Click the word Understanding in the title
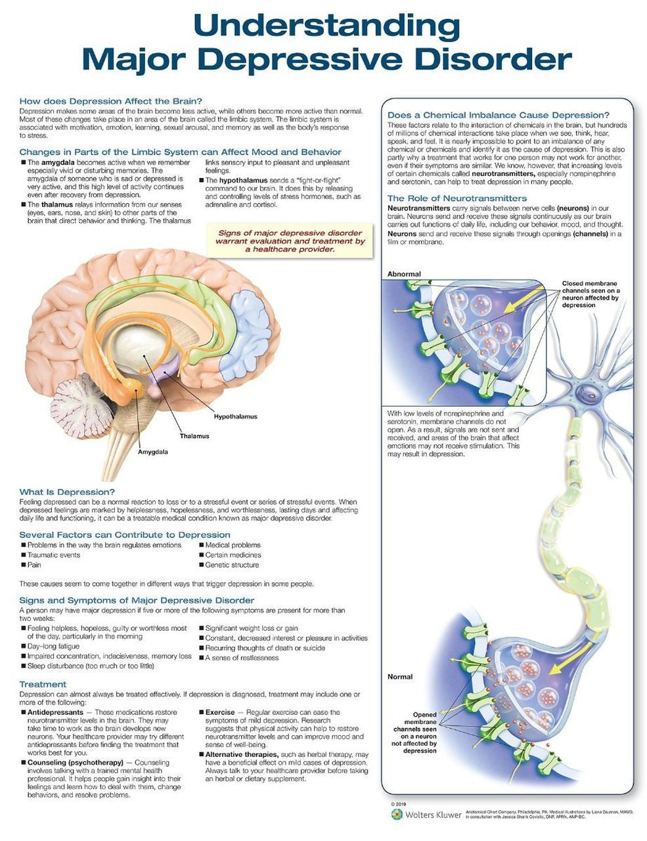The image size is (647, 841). coord(326,26)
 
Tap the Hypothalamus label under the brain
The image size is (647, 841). coord(235,417)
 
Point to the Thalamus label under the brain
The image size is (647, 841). coord(194,436)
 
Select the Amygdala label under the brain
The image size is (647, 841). coord(152,453)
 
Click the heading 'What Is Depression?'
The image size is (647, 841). coord(67,492)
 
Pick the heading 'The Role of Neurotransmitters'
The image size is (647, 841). coord(457,198)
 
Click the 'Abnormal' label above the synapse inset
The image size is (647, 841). coord(404,274)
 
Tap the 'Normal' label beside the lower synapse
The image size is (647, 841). coord(400,677)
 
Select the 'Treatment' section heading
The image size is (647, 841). coord(43,684)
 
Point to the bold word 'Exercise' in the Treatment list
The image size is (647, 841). coord(220,712)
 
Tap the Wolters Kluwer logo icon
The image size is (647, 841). coord(396,813)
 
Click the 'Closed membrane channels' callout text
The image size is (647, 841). coord(590,294)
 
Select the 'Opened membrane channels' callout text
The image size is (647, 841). coord(415,732)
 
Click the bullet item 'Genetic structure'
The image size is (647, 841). coord(232,565)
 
